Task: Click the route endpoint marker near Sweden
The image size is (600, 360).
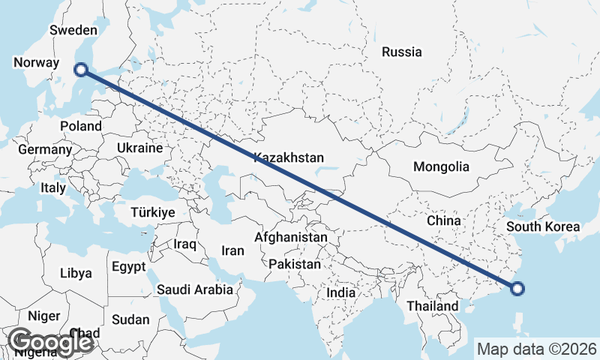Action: pyautogui.click(x=81, y=70)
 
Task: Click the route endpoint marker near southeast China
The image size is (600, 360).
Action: pyautogui.click(x=517, y=287)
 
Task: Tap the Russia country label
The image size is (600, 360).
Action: pyautogui.click(x=402, y=52)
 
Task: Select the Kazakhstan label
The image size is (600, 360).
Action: pyautogui.click(x=289, y=157)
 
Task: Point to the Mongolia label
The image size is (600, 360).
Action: pyautogui.click(x=441, y=166)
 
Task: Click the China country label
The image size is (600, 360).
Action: pyautogui.click(x=443, y=220)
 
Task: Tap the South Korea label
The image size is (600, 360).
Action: pyautogui.click(x=543, y=226)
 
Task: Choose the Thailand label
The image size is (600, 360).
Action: pyautogui.click(x=432, y=306)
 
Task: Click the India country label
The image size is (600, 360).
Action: pyautogui.click(x=341, y=292)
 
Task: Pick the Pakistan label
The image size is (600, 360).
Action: pyautogui.click(x=295, y=264)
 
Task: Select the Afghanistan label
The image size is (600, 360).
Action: pyautogui.click(x=291, y=237)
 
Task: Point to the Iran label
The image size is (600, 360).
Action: pyautogui.click(x=233, y=250)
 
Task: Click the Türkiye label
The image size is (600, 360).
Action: pyautogui.click(x=153, y=212)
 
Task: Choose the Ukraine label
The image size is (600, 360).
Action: pyautogui.click(x=139, y=148)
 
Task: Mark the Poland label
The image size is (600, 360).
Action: pyautogui.click(x=80, y=126)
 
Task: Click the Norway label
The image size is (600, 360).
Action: pyautogui.click(x=36, y=62)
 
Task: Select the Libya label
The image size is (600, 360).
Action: pyautogui.click(x=76, y=273)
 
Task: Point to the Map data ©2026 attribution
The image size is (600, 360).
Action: pyautogui.click(x=537, y=349)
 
